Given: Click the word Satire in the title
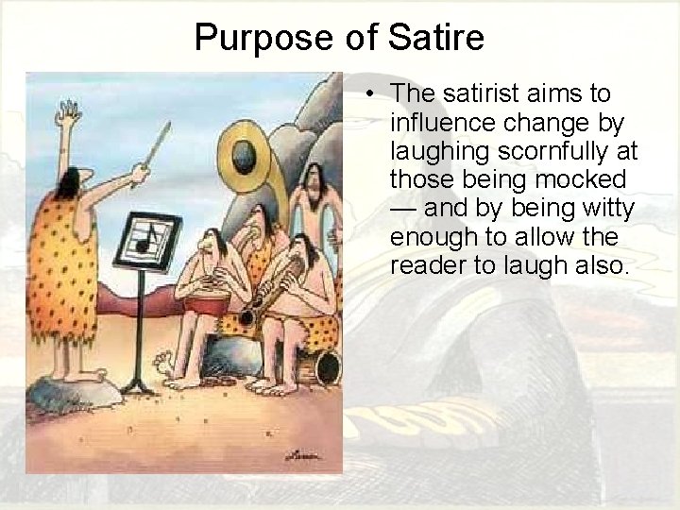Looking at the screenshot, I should point(435,38).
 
